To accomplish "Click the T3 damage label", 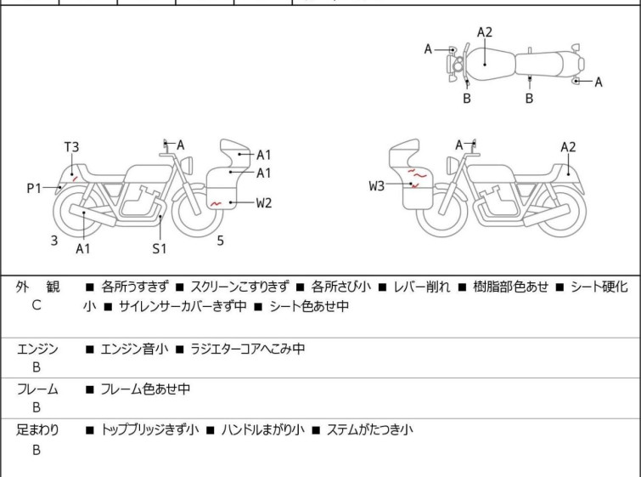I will point(72,146).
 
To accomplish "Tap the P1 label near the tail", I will point(34,188).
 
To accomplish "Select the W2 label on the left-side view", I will point(264,202).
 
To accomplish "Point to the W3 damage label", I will point(377,185).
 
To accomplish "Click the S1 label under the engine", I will point(160,248).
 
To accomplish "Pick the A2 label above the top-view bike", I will point(485,32).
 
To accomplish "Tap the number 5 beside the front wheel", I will point(220,241).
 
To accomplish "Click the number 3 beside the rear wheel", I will point(54,241).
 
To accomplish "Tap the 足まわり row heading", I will point(38,430).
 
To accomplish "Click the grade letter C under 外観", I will point(37,305).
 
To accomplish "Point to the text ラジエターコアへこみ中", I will point(248,349).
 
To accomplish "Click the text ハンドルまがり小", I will point(262,430).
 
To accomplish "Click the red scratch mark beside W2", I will point(216,203).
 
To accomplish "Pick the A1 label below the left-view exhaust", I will point(83,248).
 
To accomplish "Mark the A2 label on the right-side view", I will point(568,147).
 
